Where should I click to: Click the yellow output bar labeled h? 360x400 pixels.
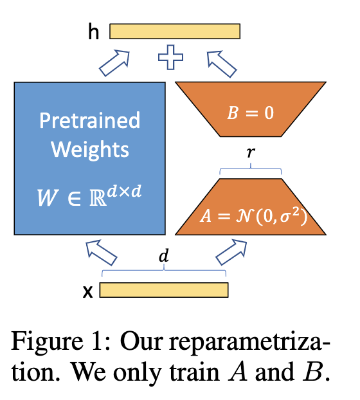click(x=175, y=32)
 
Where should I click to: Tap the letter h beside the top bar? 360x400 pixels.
click(x=94, y=32)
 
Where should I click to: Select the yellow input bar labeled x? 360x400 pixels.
click(x=164, y=290)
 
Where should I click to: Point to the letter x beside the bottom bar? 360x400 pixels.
click(x=88, y=292)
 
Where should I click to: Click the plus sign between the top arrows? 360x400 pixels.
click(x=170, y=57)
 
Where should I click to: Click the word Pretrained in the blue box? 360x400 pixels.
click(x=90, y=120)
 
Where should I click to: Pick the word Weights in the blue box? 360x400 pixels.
click(x=90, y=149)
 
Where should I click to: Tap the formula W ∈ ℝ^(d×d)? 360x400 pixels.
click(x=89, y=196)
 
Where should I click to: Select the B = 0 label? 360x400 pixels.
click(x=250, y=113)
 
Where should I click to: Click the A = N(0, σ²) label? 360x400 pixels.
click(x=254, y=216)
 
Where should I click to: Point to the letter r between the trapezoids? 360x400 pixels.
click(x=251, y=152)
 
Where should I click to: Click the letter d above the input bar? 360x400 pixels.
click(x=164, y=255)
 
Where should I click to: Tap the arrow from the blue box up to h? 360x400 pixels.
click(x=114, y=63)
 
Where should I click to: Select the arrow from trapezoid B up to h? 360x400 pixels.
click(x=222, y=64)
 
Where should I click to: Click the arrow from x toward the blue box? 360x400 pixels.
click(x=101, y=252)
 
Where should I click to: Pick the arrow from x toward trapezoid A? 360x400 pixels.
click(x=231, y=252)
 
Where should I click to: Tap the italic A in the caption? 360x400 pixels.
click(x=238, y=372)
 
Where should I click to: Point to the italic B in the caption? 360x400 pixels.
click(x=313, y=372)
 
